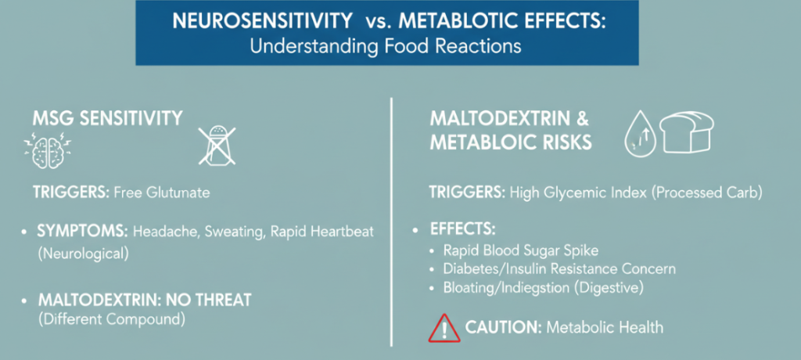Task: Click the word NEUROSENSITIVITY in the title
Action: (263, 23)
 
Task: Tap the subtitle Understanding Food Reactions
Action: (386, 46)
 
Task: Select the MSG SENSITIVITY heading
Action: (107, 118)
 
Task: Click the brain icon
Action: (48, 151)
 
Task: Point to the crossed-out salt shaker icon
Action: (218, 147)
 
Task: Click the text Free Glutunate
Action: (161, 193)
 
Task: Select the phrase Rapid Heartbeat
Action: (321, 232)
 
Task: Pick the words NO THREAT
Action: (207, 300)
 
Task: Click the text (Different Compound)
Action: (111, 320)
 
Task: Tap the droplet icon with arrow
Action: (640, 134)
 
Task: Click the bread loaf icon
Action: (686, 132)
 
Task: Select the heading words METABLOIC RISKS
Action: (511, 142)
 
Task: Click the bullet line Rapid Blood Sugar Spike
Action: (520, 250)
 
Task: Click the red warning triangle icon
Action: (444, 328)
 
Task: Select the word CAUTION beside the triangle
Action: (504, 327)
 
